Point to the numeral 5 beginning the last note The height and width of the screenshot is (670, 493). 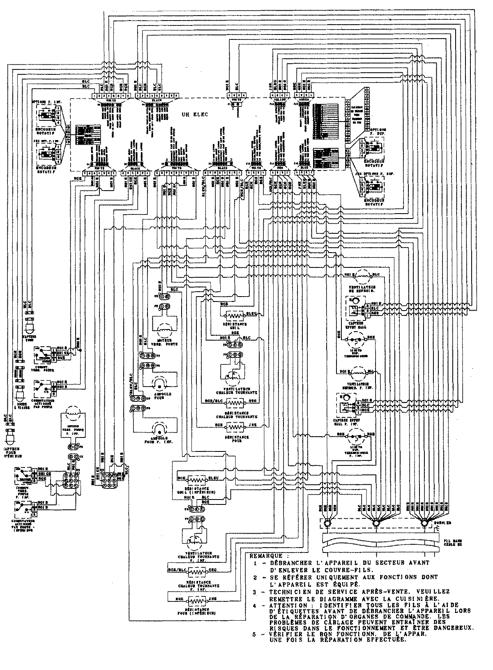255,635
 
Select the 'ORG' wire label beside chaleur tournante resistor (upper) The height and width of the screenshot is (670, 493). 253,400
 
